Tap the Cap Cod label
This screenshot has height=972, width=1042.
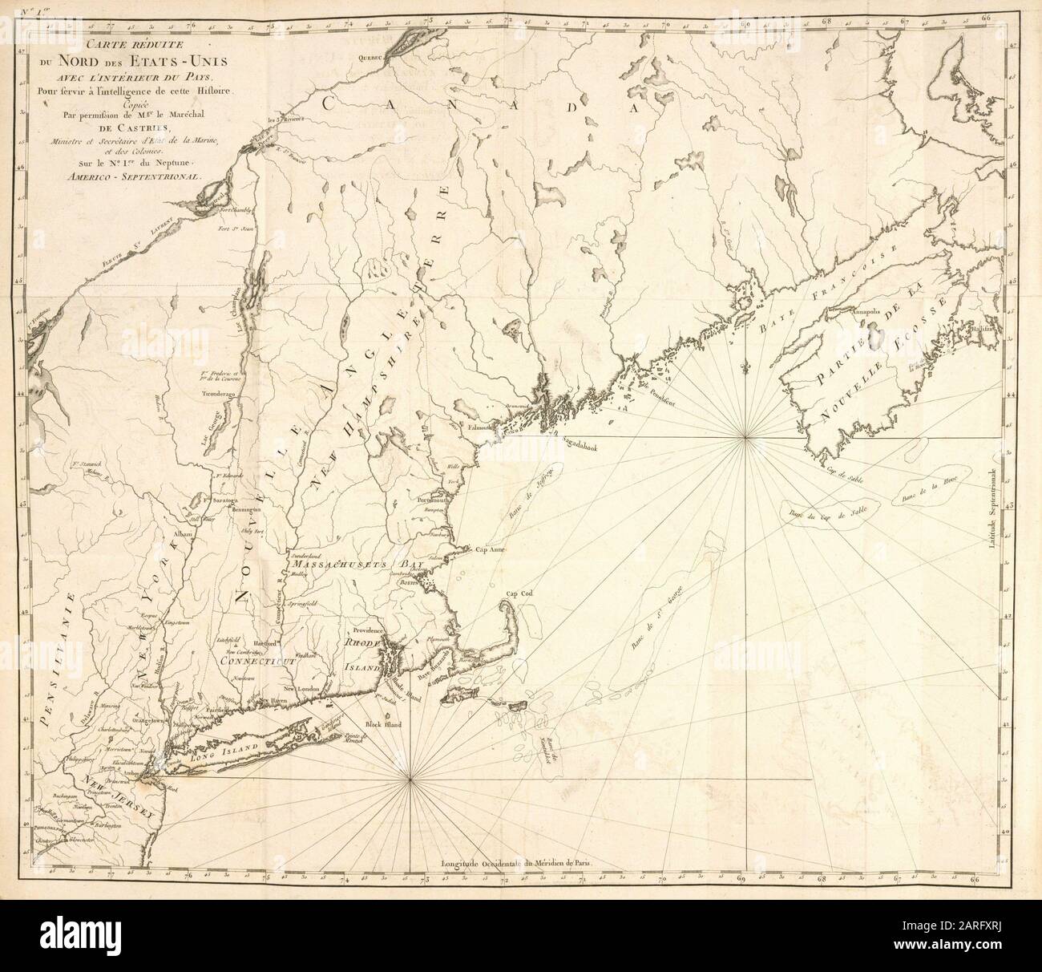click(518, 594)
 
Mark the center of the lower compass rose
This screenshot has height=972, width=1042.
click(410, 776)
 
